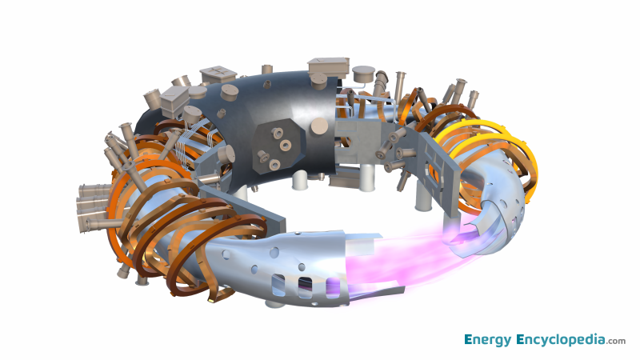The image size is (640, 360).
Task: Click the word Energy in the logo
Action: [x=488, y=340]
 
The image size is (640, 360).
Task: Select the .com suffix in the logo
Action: [x=616, y=342]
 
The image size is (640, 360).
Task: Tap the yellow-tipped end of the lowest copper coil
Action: [x=213, y=301]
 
